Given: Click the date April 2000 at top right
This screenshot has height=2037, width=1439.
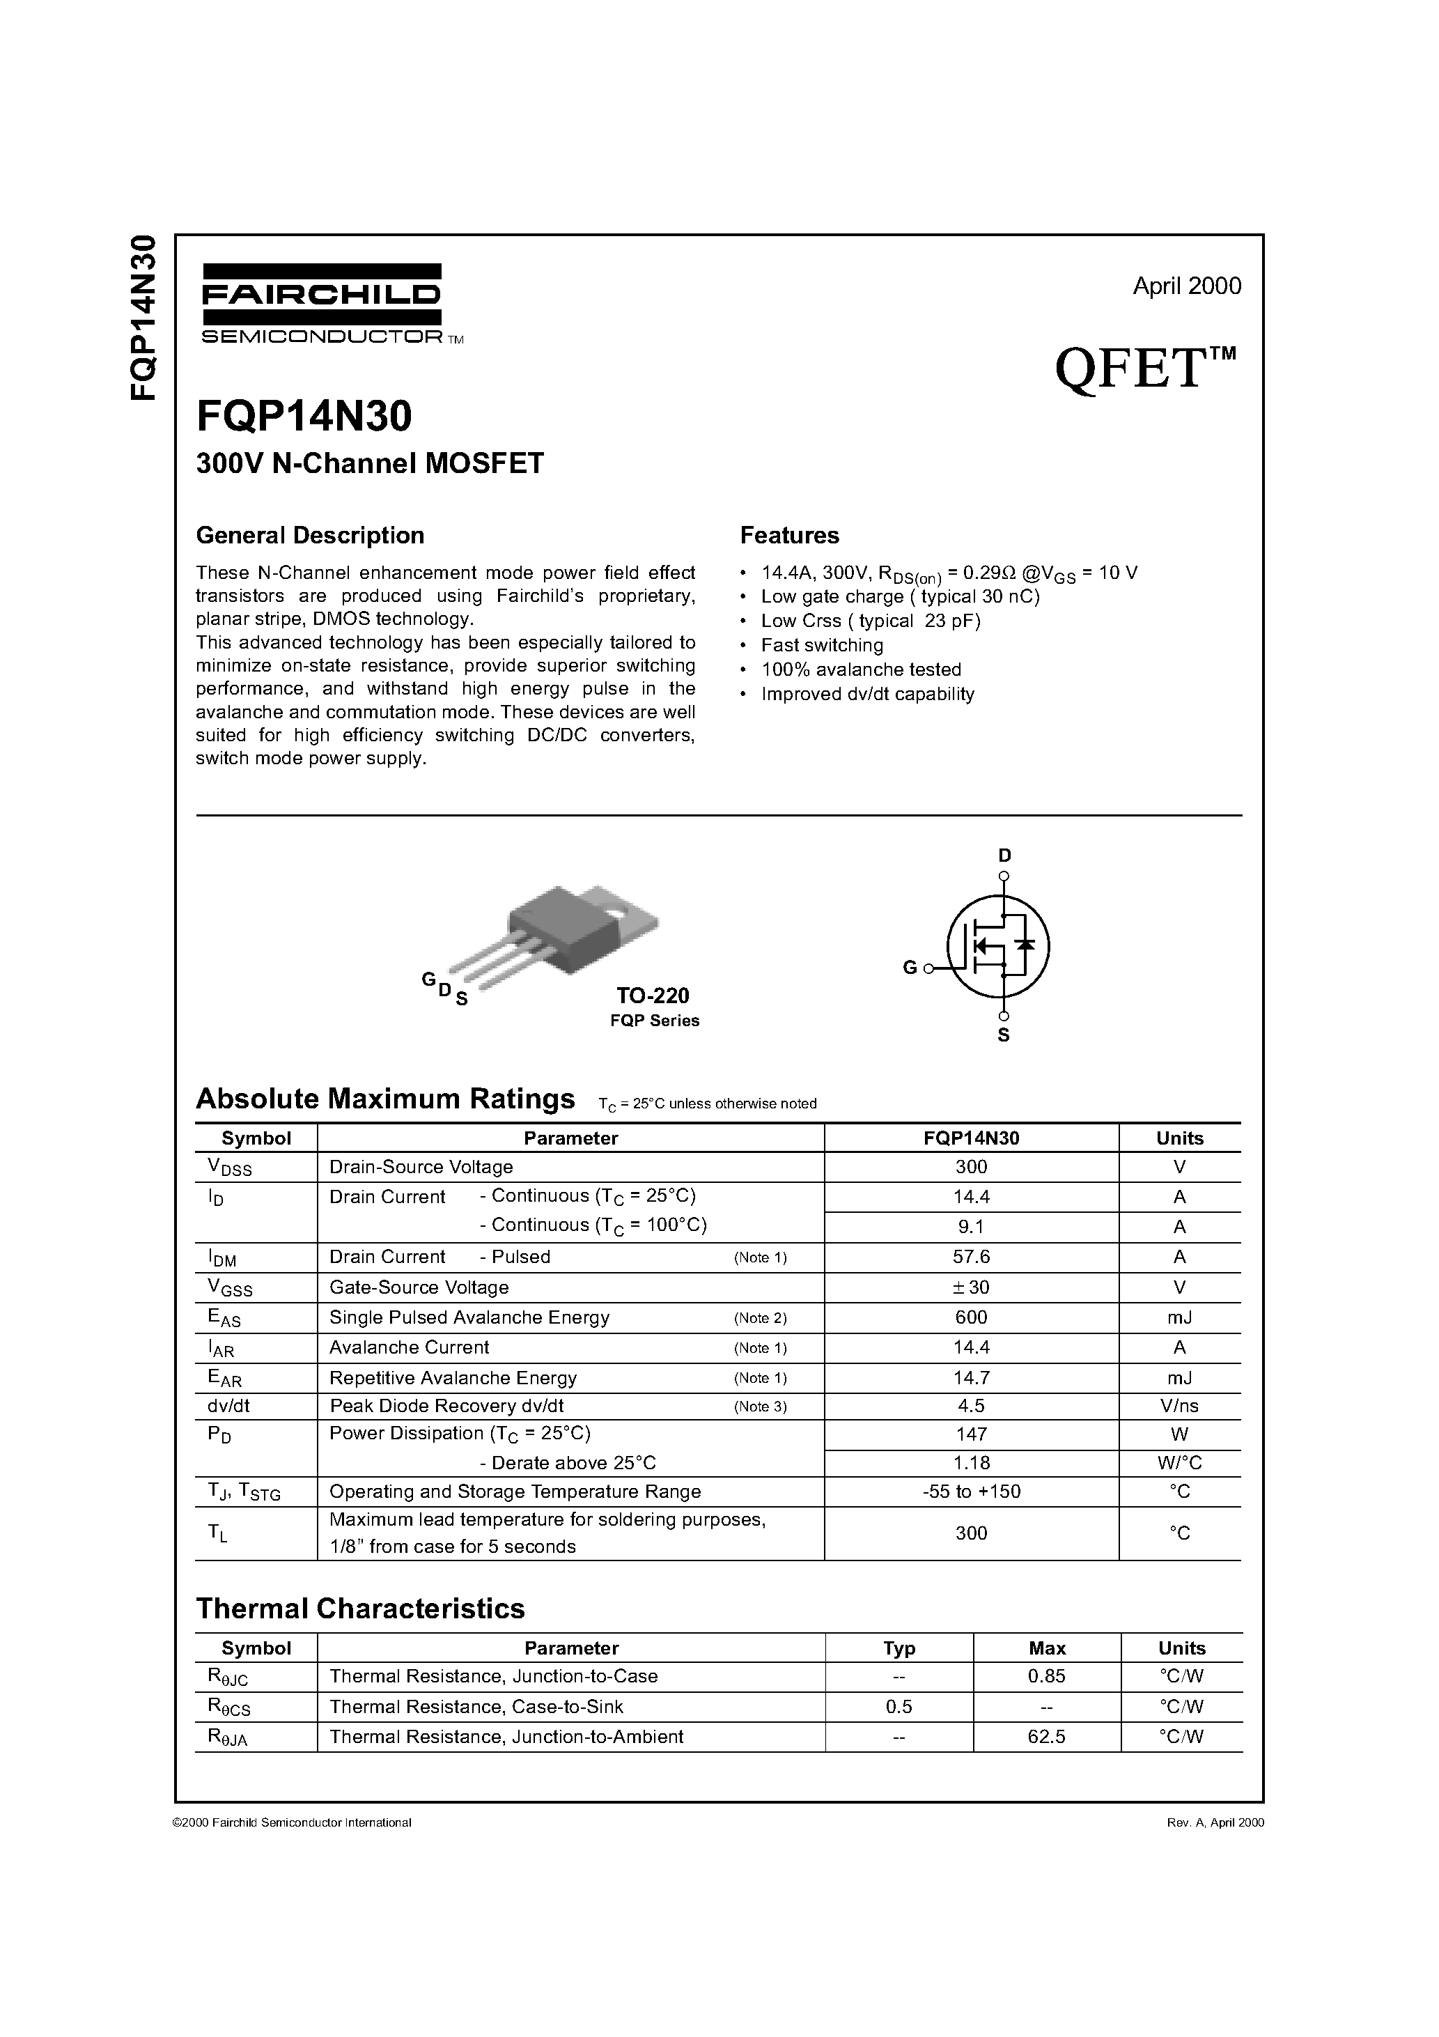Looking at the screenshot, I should click(x=1186, y=286).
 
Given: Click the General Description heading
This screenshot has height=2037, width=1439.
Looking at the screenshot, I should click(x=310, y=535).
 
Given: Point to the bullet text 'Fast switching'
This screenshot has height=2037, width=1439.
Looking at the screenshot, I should click(x=821, y=645).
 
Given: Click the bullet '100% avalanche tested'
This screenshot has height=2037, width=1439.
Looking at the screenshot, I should click(x=861, y=670).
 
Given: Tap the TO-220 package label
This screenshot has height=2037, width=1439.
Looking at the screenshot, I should click(x=653, y=996).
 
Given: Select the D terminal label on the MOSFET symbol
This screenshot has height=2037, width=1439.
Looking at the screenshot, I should click(x=1004, y=855).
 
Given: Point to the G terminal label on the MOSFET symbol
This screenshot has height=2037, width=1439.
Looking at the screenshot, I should click(x=910, y=968).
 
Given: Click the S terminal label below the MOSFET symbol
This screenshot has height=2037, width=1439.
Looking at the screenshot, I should click(x=1004, y=1035).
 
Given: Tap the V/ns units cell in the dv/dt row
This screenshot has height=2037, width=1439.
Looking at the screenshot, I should click(x=1179, y=1407).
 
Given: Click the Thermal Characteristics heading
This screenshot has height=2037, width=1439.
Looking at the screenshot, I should click(x=360, y=1608).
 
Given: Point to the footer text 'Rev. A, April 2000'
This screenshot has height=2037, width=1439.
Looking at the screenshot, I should click(x=1215, y=1822).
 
